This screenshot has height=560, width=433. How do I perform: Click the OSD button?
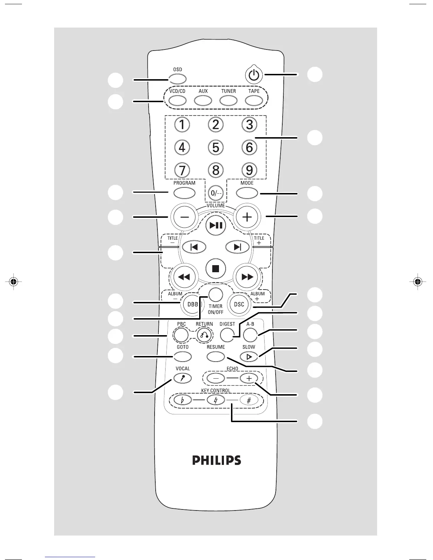pos(178,79)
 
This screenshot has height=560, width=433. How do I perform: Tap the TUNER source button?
pos(229,101)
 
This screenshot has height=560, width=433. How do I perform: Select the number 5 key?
pos(216,147)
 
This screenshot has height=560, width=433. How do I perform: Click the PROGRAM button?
pos(185,193)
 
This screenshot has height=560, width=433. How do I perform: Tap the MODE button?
pos(247,193)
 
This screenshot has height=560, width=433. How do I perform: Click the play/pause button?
pos(216,225)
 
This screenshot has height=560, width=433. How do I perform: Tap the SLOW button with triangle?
pos(249,357)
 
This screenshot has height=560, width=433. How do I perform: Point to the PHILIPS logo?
pos(216,460)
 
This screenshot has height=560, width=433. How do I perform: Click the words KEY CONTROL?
pos(215,391)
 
